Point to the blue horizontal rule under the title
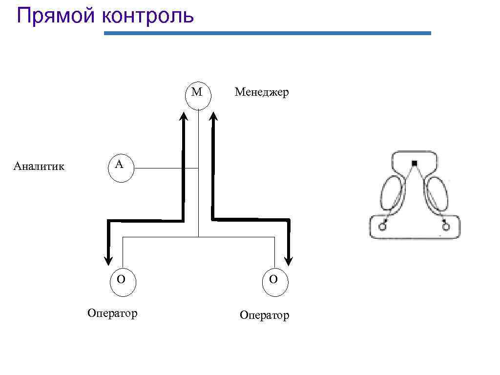pos(268,33)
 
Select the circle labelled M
pos(198,94)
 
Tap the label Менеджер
pos(262,92)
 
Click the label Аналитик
pos(39,167)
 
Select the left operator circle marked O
pos(122,281)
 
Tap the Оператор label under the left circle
pos(112,313)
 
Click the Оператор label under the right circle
pos(264,315)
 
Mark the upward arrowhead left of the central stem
pos(184,117)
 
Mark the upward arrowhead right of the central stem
pos(213,117)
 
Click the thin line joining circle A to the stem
pos(166,168)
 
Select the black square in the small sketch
pos(414,163)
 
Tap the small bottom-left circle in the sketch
pos(382,226)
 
